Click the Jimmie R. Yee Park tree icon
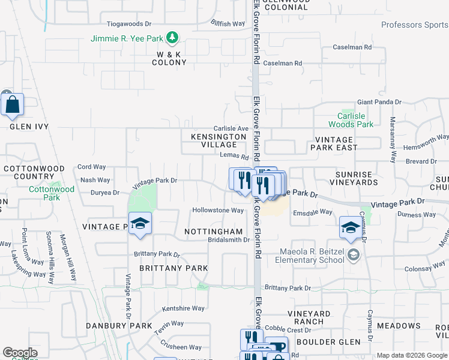click(x=173, y=38)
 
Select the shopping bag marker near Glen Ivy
click(x=12, y=105)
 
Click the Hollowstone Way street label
click(x=217, y=211)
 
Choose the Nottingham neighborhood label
click(x=213, y=231)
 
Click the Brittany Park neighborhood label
click(x=173, y=268)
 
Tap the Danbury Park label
click(x=127, y=326)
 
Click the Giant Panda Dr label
click(x=379, y=103)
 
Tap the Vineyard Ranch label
click(x=309, y=317)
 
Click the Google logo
click(x=20, y=353)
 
